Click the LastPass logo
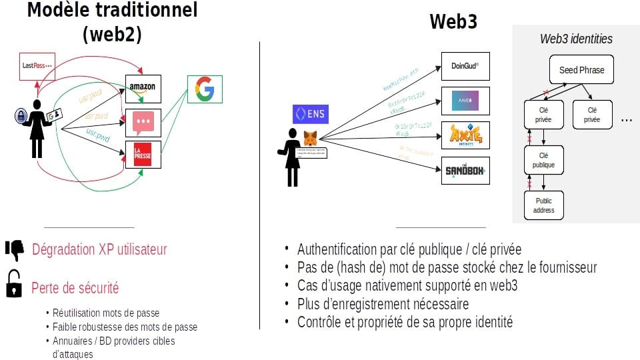(36, 65)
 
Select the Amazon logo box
(143, 87)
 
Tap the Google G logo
(205, 90)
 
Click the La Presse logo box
(143, 154)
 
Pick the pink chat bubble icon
(143, 122)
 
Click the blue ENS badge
(310, 115)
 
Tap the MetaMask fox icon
(311, 139)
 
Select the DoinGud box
(465, 67)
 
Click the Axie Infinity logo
(465, 135)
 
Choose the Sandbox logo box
(465, 171)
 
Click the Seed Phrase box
(577, 70)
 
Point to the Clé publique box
(543, 161)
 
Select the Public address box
(543, 205)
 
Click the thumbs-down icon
(15, 249)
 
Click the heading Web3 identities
(576, 39)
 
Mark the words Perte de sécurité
(75, 288)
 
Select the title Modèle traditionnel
(112, 11)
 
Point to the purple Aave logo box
(465, 101)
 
